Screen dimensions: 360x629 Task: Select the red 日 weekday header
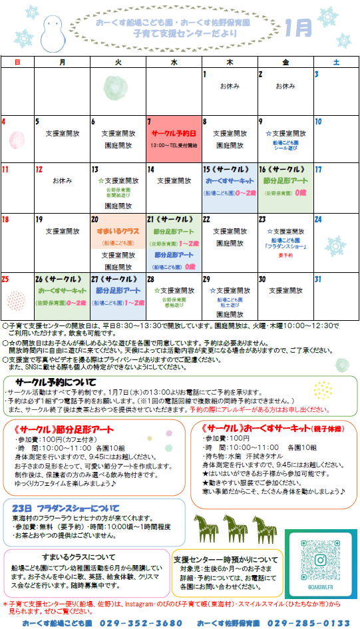click(x=17, y=61)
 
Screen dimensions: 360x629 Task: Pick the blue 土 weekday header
click(x=336, y=61)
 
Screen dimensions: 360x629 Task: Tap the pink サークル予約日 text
click(x=174, y=133)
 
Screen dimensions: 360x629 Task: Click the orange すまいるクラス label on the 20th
click(x=117, y=231)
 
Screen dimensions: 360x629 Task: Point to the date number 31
click(x=318, y=280)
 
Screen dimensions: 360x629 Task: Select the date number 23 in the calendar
click(x=263, y=219)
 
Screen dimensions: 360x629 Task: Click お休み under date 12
click(x=62, y=180)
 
